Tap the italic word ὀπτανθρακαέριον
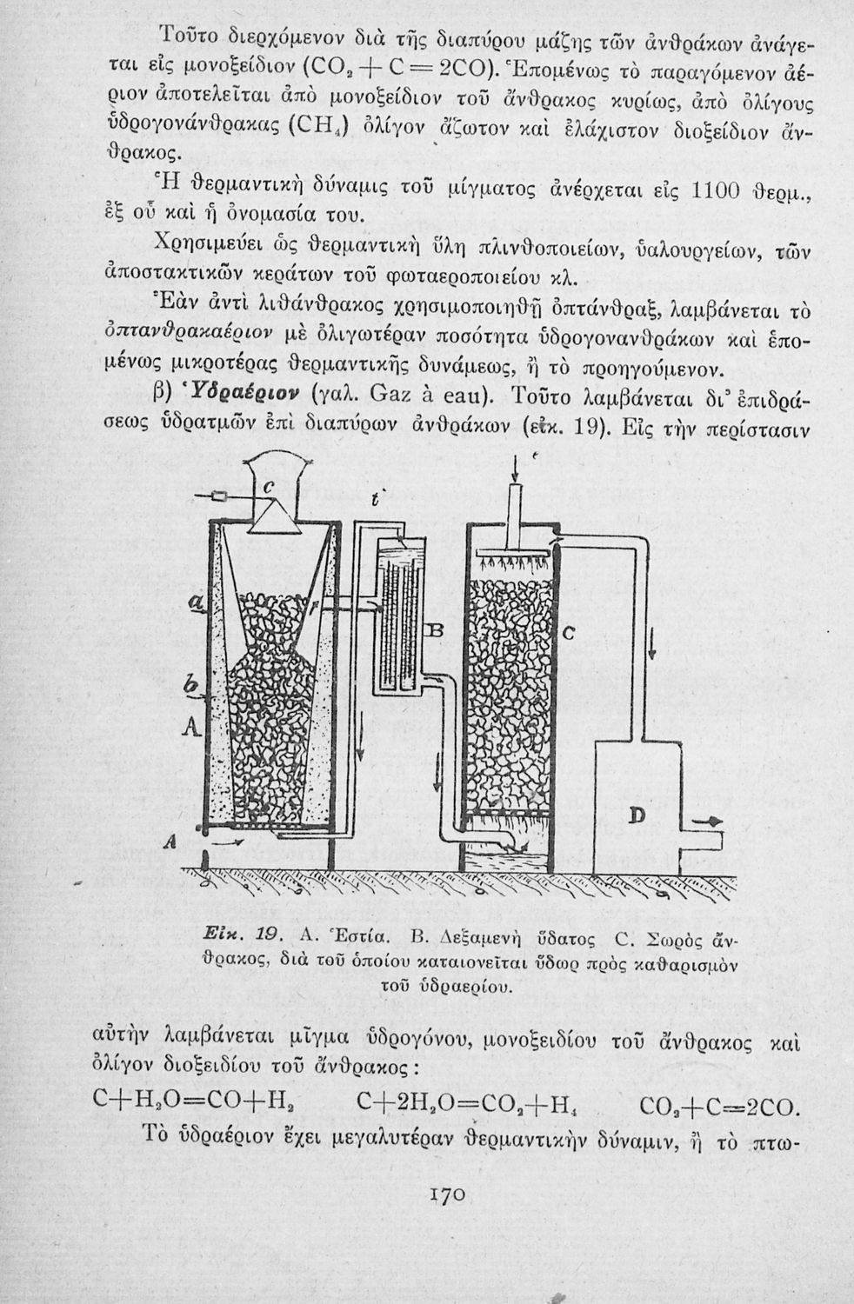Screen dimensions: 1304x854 coord(201,335)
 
